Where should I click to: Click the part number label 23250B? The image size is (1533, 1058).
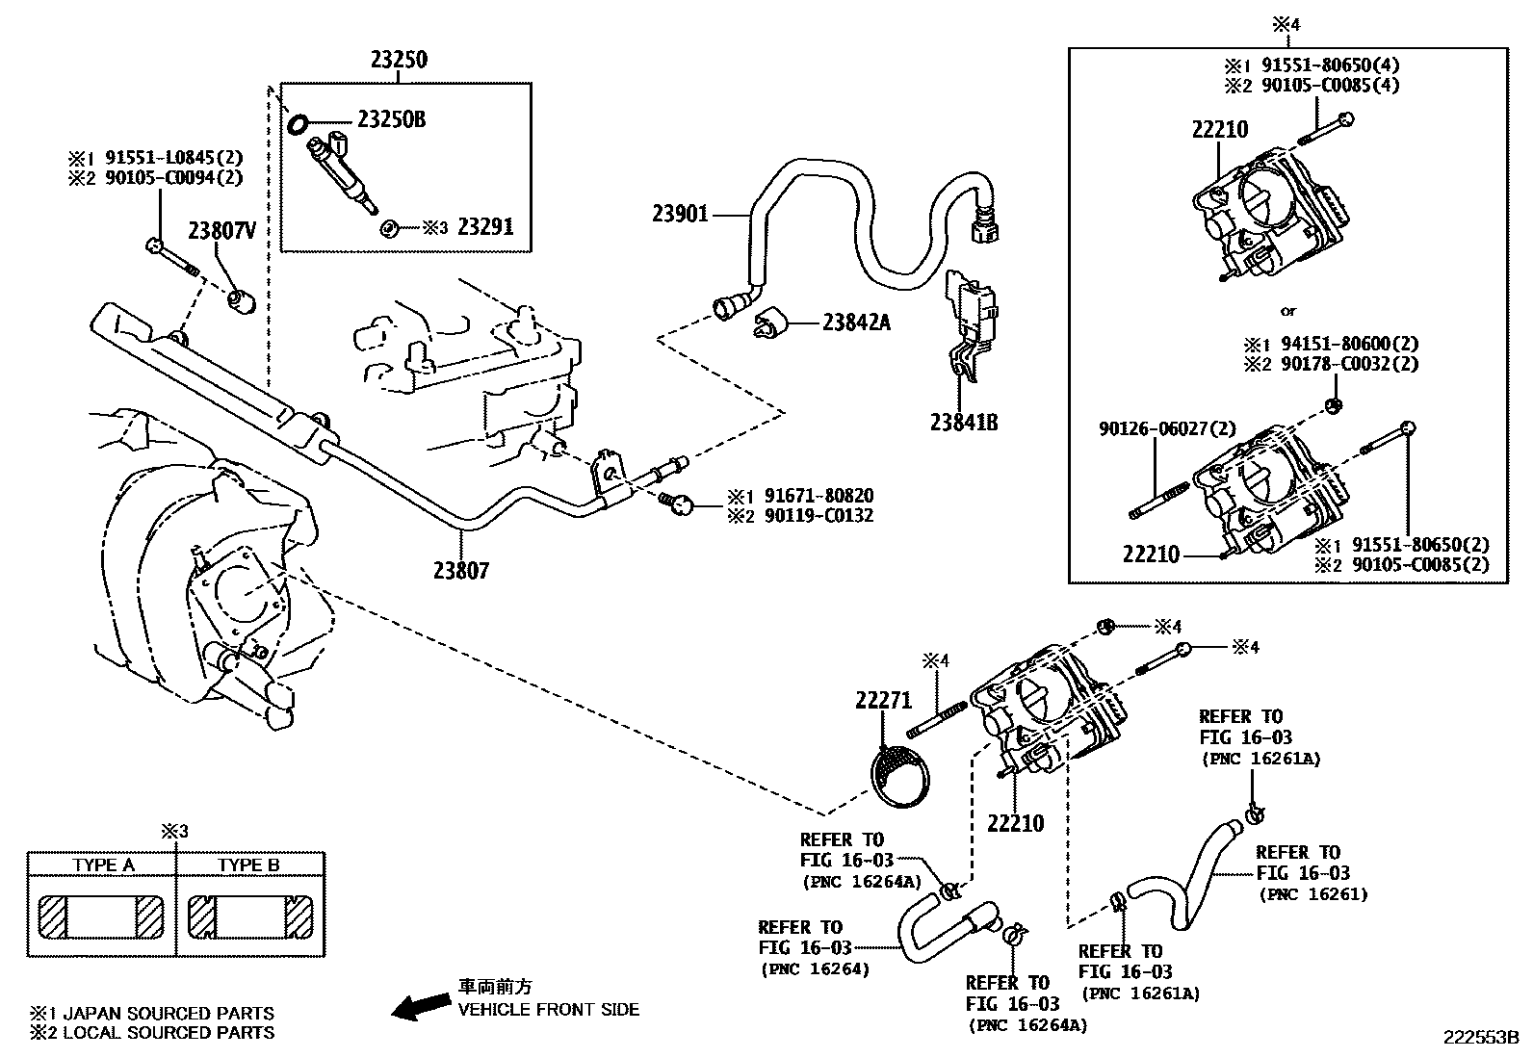tap(391, 119)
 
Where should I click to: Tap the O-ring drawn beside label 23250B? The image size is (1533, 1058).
tap(299, 122)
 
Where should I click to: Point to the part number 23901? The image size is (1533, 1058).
tap(680, 214)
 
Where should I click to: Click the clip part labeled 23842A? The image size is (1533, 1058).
tap(771, 323)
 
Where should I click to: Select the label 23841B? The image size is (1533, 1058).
tap(964, 422)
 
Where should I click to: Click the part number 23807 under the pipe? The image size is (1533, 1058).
tap(460, 571)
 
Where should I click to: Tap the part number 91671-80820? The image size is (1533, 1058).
tap(818, 496)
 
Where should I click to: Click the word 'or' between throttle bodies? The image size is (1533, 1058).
tap(1287, 311)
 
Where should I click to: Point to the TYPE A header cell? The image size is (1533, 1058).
tap(103, 864)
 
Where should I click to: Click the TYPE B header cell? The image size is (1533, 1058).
tap(248, 864)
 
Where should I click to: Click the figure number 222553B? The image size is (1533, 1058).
tap(1479, 1038)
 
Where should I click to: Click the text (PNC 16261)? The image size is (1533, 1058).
tap(1312, 894)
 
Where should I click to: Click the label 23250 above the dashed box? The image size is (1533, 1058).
tap(399, 60)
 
